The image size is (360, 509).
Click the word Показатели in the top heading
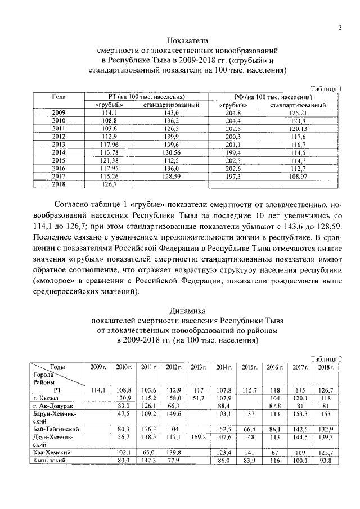[x=188, y=40]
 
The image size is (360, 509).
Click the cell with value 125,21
[x=298, y=113]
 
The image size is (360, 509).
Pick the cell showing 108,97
[x=298, y=176]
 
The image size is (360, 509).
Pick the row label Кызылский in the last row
[x=51, y=460]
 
